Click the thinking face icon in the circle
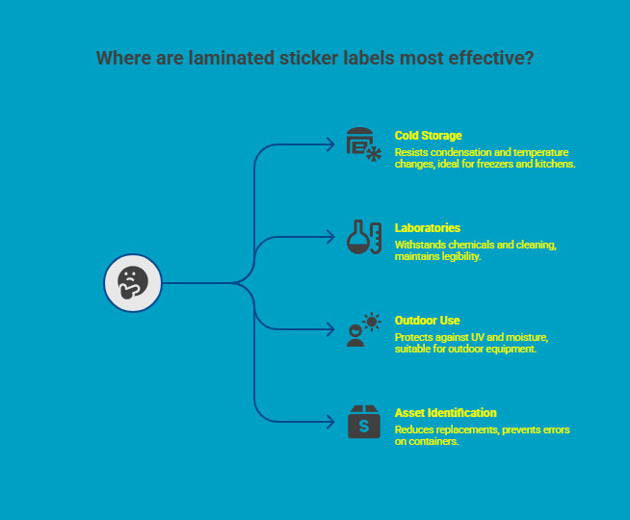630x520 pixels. (132, 283)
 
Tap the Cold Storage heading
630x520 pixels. (428, 136)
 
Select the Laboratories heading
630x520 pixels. (428, 228)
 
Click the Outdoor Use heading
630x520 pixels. (427, 321)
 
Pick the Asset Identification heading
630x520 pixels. (445, 413)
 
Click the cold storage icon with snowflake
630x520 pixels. (363, 144)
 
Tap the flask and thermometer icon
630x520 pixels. (363, 237)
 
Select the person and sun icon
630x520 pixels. (363, 329)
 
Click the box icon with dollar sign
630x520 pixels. (363, 422)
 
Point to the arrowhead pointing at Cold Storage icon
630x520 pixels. (330, 144)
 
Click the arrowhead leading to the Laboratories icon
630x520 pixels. (330, 237)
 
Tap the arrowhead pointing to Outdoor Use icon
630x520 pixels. (330, 329)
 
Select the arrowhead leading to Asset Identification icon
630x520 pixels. (330, 422)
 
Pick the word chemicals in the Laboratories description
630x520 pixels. (469, 245)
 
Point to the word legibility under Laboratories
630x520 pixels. (460, 256)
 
